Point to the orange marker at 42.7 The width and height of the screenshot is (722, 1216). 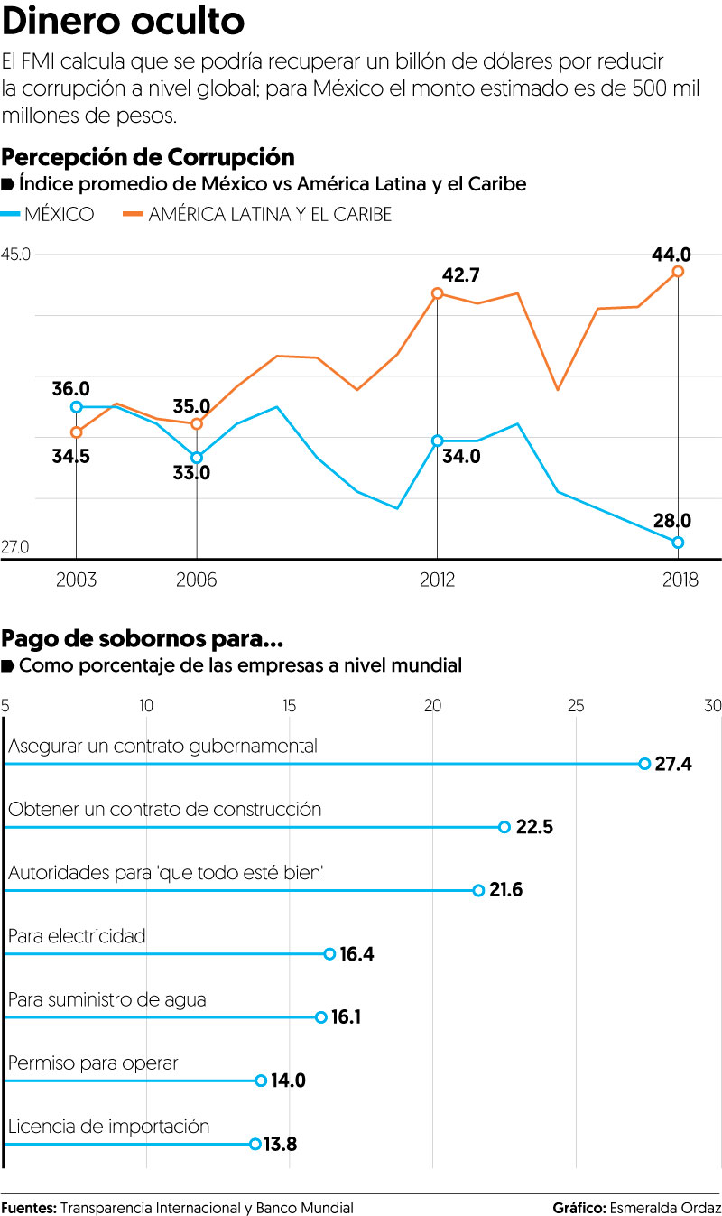click(438, 293)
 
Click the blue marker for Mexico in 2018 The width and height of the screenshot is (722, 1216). click(678, 543)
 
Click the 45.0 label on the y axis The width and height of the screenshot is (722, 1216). click(16, 255)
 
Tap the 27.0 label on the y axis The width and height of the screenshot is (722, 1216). click(16, 547)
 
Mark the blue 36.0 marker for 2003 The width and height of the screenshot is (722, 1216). click(77, 407)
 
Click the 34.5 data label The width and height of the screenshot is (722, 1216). click(70, 457)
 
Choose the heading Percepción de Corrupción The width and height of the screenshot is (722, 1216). click(148, 157)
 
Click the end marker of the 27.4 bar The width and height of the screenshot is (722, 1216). click(644, 764)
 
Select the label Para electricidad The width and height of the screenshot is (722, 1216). click(77, 936)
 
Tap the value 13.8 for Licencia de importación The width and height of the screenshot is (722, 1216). click(280, 1145)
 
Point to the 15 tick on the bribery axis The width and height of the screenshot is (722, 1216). click(289, 706)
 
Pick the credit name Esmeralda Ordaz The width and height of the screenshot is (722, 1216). click(666, 1208)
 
